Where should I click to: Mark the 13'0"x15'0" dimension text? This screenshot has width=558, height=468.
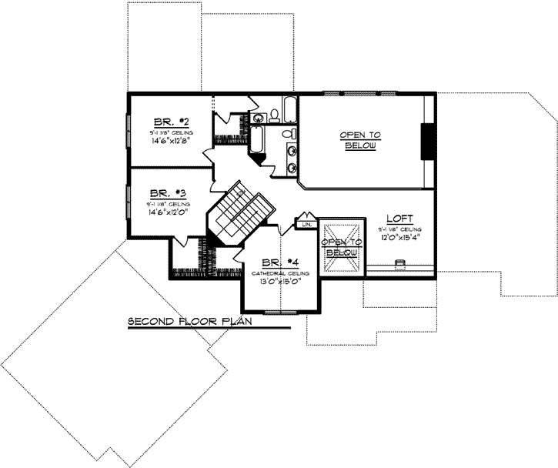point(279,282)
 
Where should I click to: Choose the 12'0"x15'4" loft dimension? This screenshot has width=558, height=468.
point(400,238)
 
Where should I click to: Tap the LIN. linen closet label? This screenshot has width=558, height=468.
point(306,224)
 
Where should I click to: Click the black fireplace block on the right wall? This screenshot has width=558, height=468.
point(426,141)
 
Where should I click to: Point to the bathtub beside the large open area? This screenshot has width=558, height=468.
point(290,110)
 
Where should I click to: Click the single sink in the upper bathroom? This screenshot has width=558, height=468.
point(258,117)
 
